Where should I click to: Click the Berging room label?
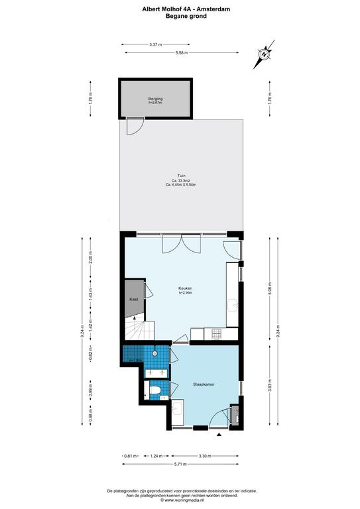click(x=155, y=99)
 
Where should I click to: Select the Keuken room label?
click(x=185, y=288)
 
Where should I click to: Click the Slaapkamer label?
click(x=202, y=384)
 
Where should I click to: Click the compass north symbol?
click(x=263, y=55)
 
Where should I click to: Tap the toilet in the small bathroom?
click(x=154, y=394)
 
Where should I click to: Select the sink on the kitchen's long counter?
click(x=233, y=304)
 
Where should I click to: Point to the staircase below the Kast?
click(x=137, y=328)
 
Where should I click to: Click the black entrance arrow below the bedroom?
click(x=219, y=435)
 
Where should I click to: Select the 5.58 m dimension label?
click(x=181, y=53)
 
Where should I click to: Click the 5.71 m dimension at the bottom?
click(x=181, y=465)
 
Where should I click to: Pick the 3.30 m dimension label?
click(x=205, y=456)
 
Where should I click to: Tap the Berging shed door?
click(x=135, y=125)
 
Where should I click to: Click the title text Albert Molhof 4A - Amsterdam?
click(x=180, y=9)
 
